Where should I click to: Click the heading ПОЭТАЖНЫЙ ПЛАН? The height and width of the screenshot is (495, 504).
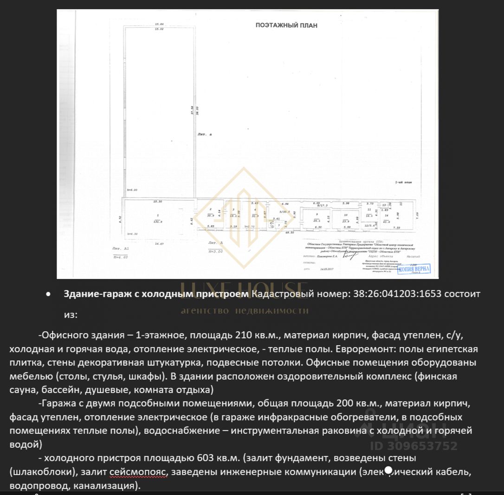click(x=286, y=25)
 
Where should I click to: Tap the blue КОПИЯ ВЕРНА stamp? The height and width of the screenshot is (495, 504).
click(x=414, y=269)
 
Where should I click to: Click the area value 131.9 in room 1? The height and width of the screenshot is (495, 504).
click(x=159, y=222)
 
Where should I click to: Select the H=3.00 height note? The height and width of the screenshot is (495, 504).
click(x=216, y=251)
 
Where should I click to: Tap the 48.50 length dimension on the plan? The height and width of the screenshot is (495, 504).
click(x=290, y=232)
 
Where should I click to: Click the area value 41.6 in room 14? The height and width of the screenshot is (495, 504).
click(x=387, y=222)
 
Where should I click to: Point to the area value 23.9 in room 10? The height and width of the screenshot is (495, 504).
click(x=345, y=222)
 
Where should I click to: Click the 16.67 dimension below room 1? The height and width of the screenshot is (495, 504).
click(x=160, y=243)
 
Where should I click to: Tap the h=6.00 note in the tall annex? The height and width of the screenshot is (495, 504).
click(x=132, y=190)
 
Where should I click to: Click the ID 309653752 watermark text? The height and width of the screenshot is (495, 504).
click(x=414, y=446)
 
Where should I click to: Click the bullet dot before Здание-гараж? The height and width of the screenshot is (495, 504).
click(x=48, y=294)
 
